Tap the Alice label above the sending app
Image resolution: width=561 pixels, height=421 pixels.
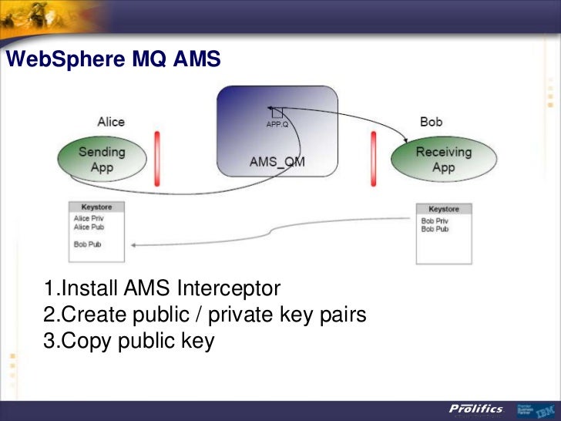point(111,122)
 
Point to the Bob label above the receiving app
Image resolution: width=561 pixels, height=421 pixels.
point(431,122)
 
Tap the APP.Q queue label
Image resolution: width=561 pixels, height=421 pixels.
point(277,124)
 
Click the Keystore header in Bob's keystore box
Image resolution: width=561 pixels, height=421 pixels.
point(443,209)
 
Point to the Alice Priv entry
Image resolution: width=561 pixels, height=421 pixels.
point(88,219)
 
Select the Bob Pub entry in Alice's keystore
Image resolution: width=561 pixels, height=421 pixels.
point(86,244)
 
